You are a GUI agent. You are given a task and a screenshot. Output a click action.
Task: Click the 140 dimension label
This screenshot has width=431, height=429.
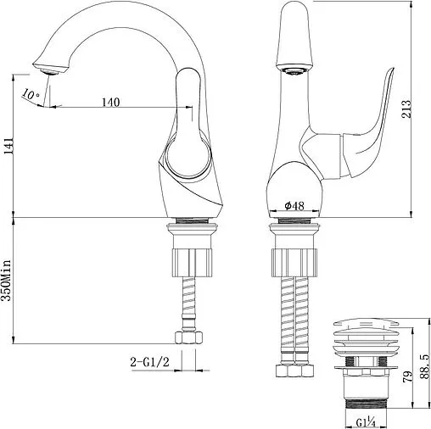pyautogui.click(x=111, y=102)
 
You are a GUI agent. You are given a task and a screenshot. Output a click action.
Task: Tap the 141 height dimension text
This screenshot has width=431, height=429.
pyautogui.click(x=8, y=147)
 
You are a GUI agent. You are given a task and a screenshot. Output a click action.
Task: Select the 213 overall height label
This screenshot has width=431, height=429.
pyautogui.click(x=406, y=109)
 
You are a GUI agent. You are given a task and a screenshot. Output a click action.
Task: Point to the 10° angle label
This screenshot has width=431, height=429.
pyautogui.click(x=31, y=94)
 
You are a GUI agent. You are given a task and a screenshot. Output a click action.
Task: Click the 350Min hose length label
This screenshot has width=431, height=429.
pyautogui.click(x=6, y=281)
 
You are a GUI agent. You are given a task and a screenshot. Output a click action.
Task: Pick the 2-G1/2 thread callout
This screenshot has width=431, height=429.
pyautogui.click(x=150, y=362)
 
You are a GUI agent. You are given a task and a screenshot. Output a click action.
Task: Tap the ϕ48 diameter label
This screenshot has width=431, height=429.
pyautogui.click(x=294, y=206)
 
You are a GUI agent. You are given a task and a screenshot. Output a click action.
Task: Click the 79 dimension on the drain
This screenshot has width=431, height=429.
pyautogui.click(x=408, y=376)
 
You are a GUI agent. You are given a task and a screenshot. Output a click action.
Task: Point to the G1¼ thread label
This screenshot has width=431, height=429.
pyautogui.click(x=366, y=423)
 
